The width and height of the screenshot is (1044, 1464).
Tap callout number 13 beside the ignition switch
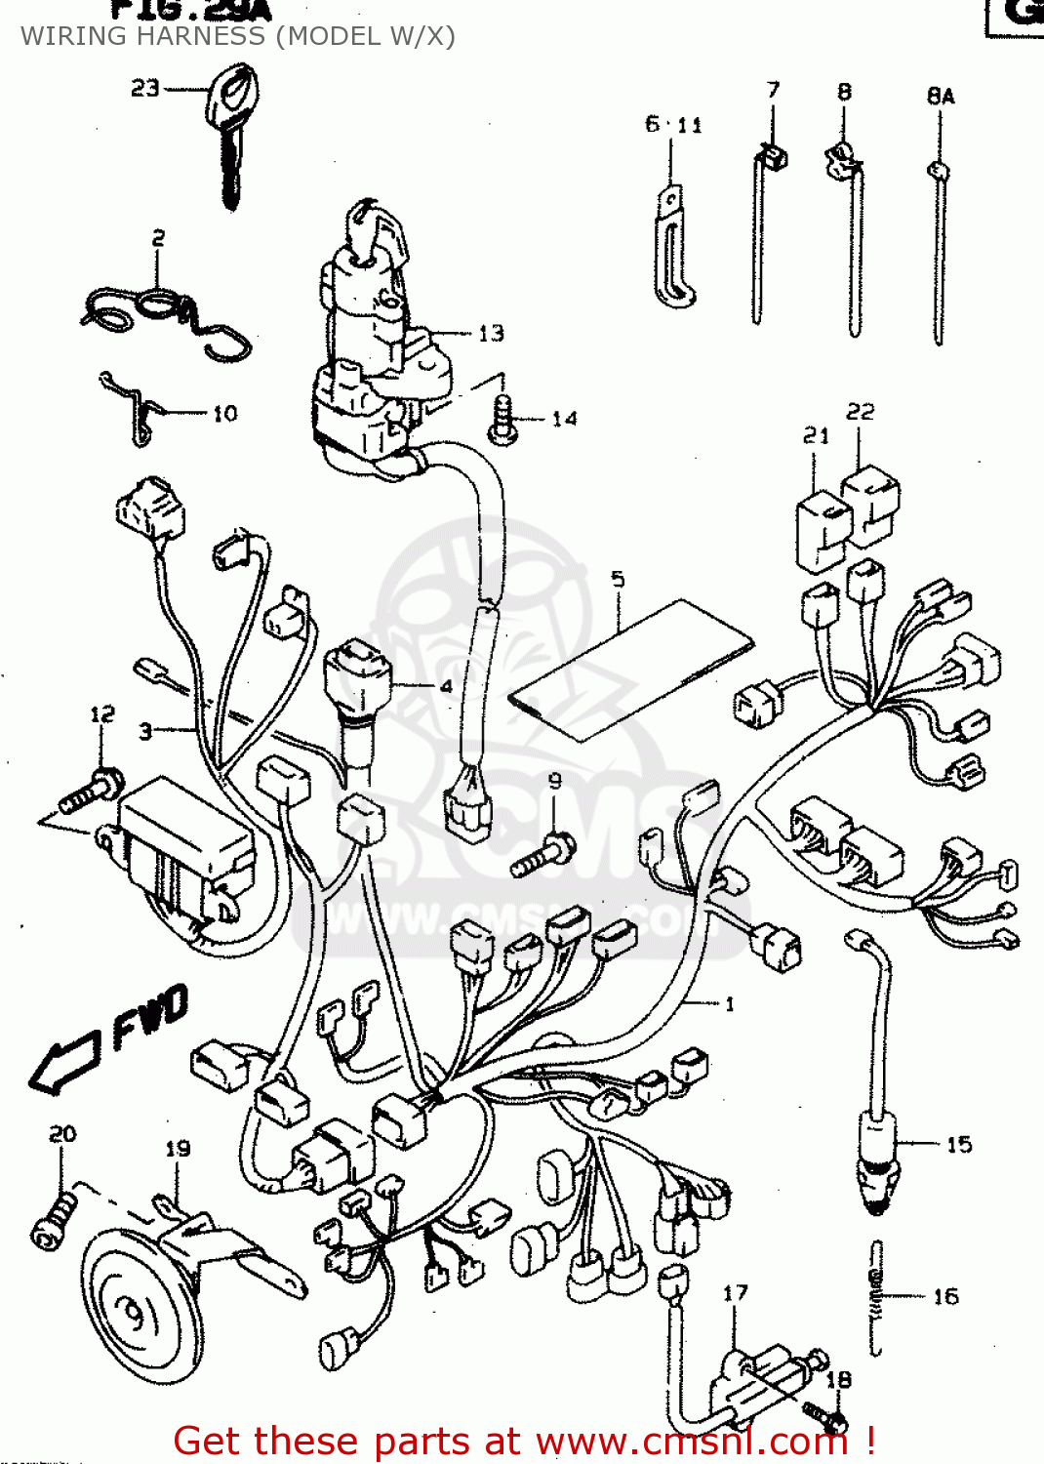coord(491,334)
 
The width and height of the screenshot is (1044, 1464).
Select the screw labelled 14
coord(502,420)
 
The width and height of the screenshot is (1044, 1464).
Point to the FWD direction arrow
coord(64,1064)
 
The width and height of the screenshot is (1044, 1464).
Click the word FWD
coord(149,1017)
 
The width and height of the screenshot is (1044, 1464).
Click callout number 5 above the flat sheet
coord(618,579)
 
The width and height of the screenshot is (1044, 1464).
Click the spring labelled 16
coord(876,1298)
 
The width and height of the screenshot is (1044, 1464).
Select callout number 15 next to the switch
coord(958,1144)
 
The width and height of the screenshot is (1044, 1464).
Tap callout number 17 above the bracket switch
coord(735,1293)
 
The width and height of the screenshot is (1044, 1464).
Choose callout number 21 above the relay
coord(816,435)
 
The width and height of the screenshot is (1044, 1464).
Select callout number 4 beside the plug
coord(446,686)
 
